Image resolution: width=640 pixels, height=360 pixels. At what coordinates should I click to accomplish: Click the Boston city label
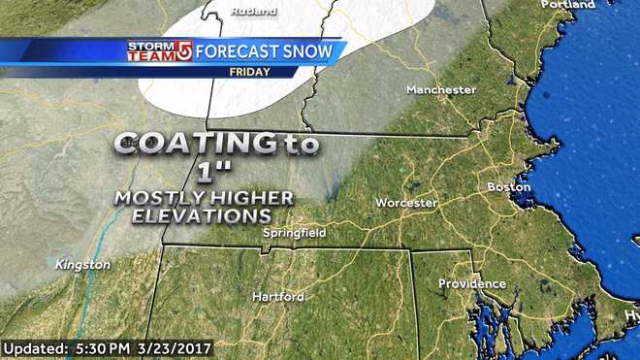tap(508, 185)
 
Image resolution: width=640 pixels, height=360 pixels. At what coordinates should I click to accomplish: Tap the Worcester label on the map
tap(407, 203)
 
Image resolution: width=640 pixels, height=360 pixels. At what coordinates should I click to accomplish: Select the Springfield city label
tap(295, 233)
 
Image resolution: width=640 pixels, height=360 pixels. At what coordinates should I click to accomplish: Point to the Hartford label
tap(278, 296)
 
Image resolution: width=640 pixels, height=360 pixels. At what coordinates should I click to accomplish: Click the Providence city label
tap(472, 283)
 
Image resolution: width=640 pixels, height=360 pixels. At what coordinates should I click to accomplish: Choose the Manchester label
tap(441, 90)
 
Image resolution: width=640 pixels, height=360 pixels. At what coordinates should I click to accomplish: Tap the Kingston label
tap(82, 264)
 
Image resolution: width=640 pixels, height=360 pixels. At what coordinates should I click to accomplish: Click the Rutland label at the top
tap(253, 12)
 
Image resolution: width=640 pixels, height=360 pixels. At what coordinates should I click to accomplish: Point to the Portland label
tap(568, 5)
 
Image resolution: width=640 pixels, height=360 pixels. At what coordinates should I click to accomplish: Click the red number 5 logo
tap(182, 50)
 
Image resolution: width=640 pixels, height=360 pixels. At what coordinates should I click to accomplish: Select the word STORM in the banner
tap(150, 45)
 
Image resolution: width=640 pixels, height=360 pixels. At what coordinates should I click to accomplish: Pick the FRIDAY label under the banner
tap(249, 72)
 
